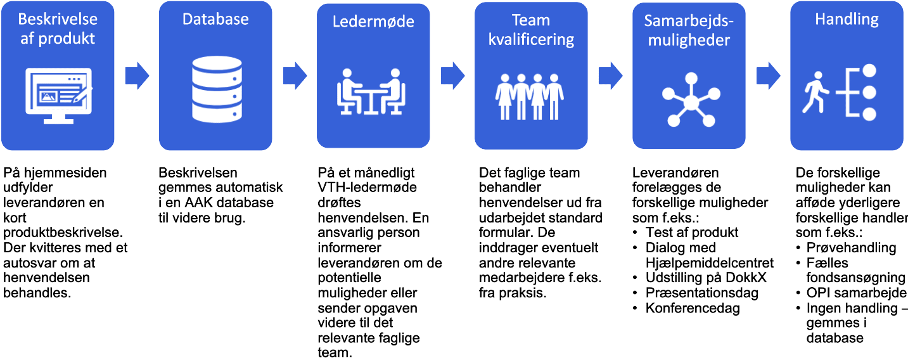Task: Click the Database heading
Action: click(215, 20)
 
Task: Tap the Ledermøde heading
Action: click(373, 22)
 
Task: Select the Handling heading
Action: click(847, 20)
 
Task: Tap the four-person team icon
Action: click(530, 95)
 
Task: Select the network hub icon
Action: click(689, 101)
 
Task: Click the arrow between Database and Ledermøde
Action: click(295, 76)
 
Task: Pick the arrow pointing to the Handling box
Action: click(768, 76)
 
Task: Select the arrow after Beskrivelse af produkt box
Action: click(137, 76)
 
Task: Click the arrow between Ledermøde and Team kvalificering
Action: click(452, 76)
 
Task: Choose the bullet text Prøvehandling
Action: click(851, 247)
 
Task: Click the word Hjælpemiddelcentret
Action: click(710, 262)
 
